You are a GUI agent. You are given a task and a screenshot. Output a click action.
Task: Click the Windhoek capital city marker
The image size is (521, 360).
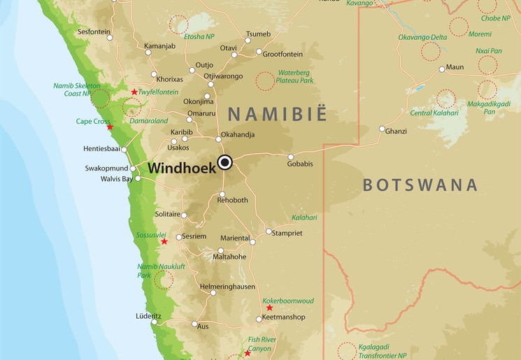tap(224, 163)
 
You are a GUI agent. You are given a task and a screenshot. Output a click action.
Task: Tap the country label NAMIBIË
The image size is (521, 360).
tap(277, 114)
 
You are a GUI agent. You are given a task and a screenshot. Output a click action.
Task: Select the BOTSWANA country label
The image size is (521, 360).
tap(420, 185)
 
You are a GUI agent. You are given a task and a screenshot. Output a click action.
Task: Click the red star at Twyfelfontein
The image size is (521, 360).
tap(134, 92)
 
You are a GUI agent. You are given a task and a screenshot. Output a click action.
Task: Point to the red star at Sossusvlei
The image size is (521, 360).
tap(164, 242)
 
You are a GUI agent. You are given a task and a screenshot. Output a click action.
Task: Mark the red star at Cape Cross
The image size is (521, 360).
tap(109, 127)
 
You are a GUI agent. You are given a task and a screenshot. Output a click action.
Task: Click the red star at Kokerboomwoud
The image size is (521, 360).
tap(269, 308)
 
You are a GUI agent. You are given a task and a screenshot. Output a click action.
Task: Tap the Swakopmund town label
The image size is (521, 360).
tap(107, 168)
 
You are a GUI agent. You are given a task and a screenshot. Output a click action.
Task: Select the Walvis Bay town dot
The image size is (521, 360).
tap(138, 178)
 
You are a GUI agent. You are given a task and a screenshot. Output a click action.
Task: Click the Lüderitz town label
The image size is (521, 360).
tap(148, 316)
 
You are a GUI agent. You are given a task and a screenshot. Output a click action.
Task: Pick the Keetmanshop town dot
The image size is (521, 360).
tap(259, 319)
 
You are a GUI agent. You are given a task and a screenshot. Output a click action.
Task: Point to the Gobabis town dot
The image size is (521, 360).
tap(291, 157)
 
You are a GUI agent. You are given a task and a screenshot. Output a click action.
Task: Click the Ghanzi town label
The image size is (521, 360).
tap(396, 131)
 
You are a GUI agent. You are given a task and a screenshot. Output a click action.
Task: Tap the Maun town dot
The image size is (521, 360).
tap(442, 69)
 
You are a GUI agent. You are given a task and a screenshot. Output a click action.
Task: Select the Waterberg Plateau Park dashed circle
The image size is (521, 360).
tap(264, 81)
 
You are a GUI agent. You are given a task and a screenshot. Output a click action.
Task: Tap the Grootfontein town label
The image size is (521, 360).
tap(283, 53)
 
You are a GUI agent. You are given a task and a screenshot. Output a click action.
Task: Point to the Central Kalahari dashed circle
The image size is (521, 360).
tap(446, 99)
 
